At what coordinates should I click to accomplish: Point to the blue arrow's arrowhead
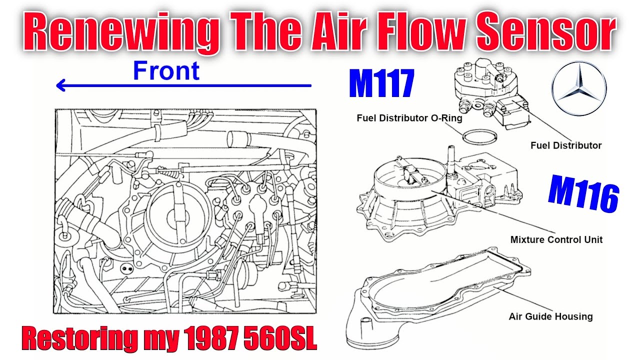pos(61,85)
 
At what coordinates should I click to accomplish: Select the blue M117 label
pos(381,83)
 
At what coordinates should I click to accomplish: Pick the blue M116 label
pos(583,193)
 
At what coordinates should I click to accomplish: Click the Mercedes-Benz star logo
pos(579,88)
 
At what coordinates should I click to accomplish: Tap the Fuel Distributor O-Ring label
pos(409,118)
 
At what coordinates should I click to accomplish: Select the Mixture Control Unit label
pos(556,239)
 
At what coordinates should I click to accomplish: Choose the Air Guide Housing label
pos(550,316)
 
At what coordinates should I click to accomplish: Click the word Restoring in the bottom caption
pos(79,339)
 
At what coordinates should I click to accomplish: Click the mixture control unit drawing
pos(439,197)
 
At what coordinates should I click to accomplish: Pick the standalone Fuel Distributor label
pos(566,145)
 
